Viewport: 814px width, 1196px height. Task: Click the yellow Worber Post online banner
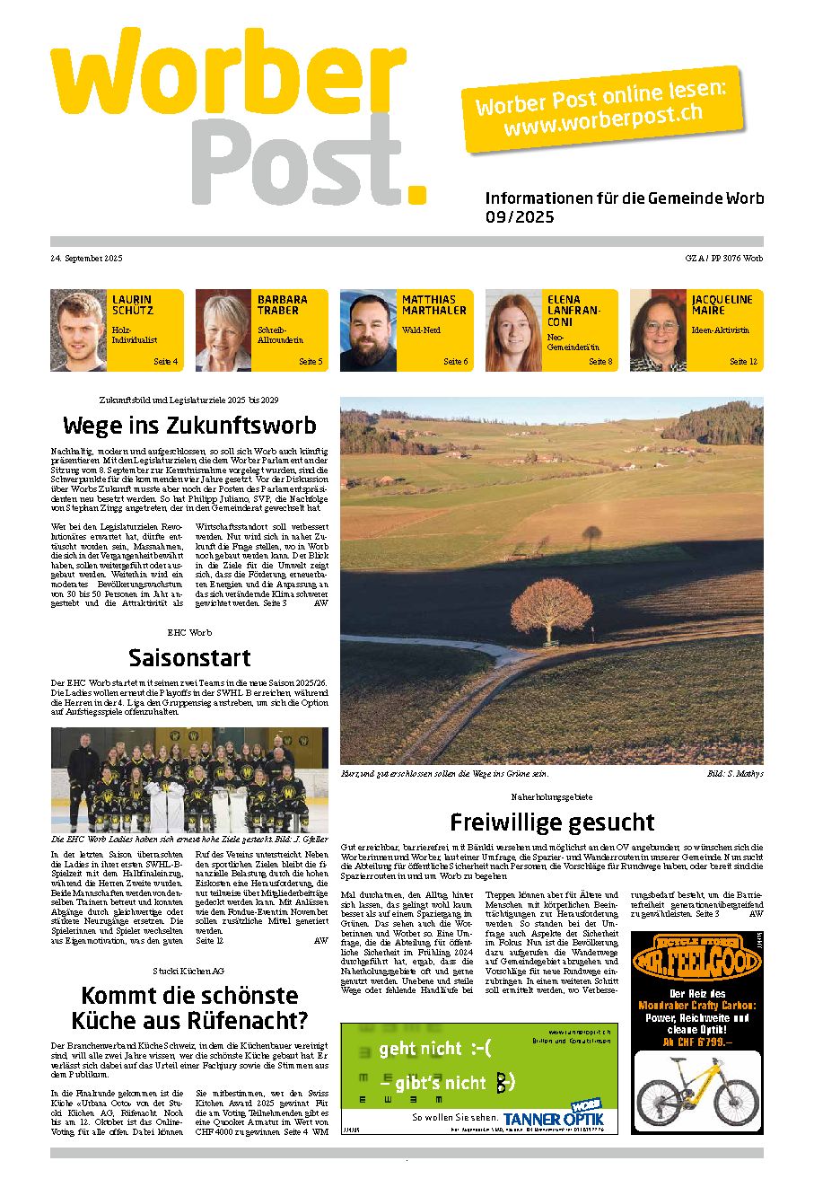[x=601, y=108]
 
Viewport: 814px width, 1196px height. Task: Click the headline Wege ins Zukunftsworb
[x=189, y=425]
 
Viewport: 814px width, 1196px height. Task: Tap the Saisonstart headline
[x=189, y=657]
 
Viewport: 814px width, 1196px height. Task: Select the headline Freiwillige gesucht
[x=552, y=822]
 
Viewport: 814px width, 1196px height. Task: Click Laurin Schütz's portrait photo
[x=78, y=330]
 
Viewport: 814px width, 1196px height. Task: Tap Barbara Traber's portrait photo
[x=223, y=330]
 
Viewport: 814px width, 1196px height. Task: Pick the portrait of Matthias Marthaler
[x=368, y=330]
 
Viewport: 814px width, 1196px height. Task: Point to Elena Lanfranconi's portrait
[x=513, y=330]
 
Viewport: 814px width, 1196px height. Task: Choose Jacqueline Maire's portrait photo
[x=658, y=330]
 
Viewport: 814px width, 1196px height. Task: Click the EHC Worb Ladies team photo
[x=189, y=779]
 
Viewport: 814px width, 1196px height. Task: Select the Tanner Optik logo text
[x=553, y=1118]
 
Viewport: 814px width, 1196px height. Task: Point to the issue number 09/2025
[x=520, y=217]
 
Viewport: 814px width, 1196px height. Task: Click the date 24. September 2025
[x=86, y=259]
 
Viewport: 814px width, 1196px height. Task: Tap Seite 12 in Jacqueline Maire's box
[x=743, y=361]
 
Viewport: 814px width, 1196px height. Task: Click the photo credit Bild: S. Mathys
[x=734, y=773]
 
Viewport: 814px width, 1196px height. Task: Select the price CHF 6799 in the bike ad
[x=697, y=1042]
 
